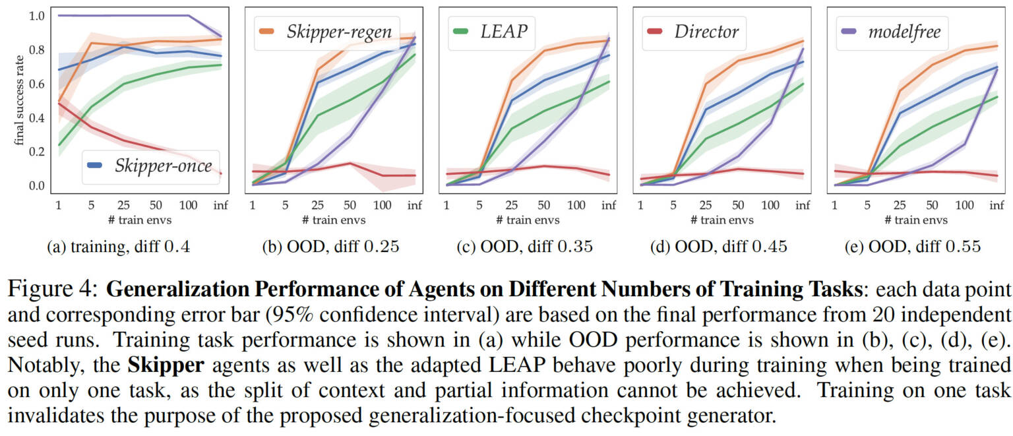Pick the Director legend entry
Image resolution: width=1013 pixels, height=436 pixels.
click(705, 32)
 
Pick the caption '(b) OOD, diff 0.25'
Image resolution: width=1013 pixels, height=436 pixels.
click(332, 247)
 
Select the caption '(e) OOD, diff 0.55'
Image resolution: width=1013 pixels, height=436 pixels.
click(914, 247)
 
